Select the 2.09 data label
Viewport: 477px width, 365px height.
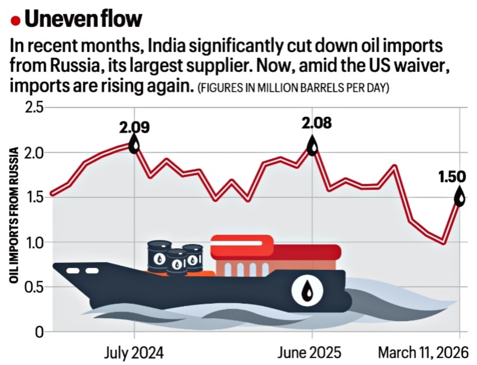pos(135,126)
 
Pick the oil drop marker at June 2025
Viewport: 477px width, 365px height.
pos(313,145)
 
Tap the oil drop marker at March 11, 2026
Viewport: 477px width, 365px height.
pos(460,197)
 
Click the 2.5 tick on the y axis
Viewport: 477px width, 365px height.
pos(34,108)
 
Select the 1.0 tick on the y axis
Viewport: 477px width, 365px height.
pos(34,242)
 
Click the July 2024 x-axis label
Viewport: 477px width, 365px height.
pos(134,353)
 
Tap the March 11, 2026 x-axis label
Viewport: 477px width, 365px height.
pos(424,353)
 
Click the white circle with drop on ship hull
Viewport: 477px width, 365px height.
pos(307,289)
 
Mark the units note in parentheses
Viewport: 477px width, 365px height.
pos(294,88)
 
